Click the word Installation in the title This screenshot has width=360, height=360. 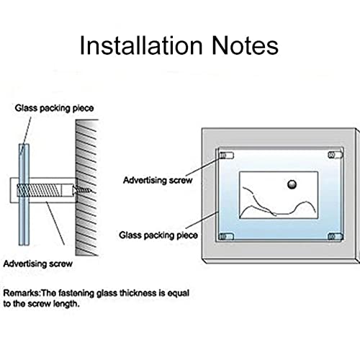[x=141, y=45]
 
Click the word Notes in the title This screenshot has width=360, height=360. [x=246, y=45]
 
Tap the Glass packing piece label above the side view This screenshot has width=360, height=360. [x=54, y=108]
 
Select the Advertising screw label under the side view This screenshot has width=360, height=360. [x=38, y=264]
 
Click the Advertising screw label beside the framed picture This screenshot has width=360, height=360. [x=158, y=180]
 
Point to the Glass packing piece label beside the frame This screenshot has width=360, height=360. [x=158, y=235]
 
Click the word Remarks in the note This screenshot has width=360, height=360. [x=21, y=293]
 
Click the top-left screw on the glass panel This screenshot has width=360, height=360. [x=226, y=156]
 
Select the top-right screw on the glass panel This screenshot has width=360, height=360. [x=335, y=155]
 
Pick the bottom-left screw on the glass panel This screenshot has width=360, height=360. [x=226, y=237]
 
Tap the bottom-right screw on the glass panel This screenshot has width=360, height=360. [x=336, y=237]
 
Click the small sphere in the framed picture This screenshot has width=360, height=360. [x=292, y=184]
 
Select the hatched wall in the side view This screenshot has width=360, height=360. [x=87, y=187]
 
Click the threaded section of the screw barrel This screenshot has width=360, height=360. [x=38, y=190]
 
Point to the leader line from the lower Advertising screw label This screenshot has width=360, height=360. [x=55, y=223]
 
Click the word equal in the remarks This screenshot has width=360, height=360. [x=179, y=293]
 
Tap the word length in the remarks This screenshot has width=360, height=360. [x=66, y=304]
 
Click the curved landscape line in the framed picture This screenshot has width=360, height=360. [x=279, y=207]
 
